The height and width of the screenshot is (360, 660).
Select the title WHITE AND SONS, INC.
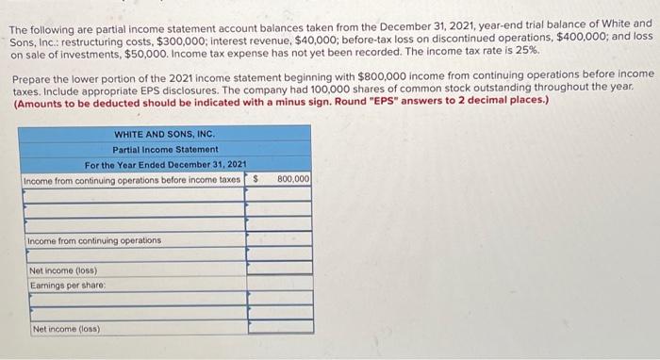(166, 133)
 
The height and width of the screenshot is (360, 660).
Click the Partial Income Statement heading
(165, 149)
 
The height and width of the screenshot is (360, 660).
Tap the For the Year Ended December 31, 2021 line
(165, 164)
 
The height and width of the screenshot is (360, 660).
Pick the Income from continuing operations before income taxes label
(131, 178)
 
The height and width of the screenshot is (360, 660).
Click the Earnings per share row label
(67, 285)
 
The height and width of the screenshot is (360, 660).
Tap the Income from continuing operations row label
(93, 240)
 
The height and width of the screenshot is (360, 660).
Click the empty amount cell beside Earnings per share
(279, 285)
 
